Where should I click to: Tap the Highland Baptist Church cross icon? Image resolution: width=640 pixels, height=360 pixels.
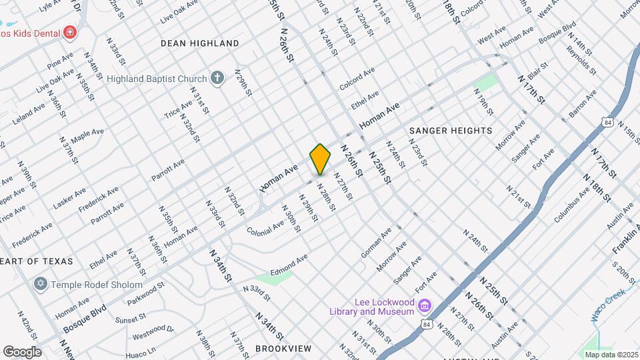point(217,79)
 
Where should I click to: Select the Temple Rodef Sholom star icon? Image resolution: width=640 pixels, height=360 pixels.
point(40,285)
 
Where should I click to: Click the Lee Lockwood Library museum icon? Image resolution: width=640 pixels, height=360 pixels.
point(424,307)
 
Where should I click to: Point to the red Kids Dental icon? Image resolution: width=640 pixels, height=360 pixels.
point(69,33)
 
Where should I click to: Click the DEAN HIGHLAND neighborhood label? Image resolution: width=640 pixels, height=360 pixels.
point(199,43)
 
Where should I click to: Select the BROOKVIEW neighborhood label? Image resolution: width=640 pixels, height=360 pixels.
point(283,349)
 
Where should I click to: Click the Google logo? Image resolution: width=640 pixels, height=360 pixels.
point(22,351)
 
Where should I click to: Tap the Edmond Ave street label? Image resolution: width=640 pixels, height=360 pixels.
point(288,262)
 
